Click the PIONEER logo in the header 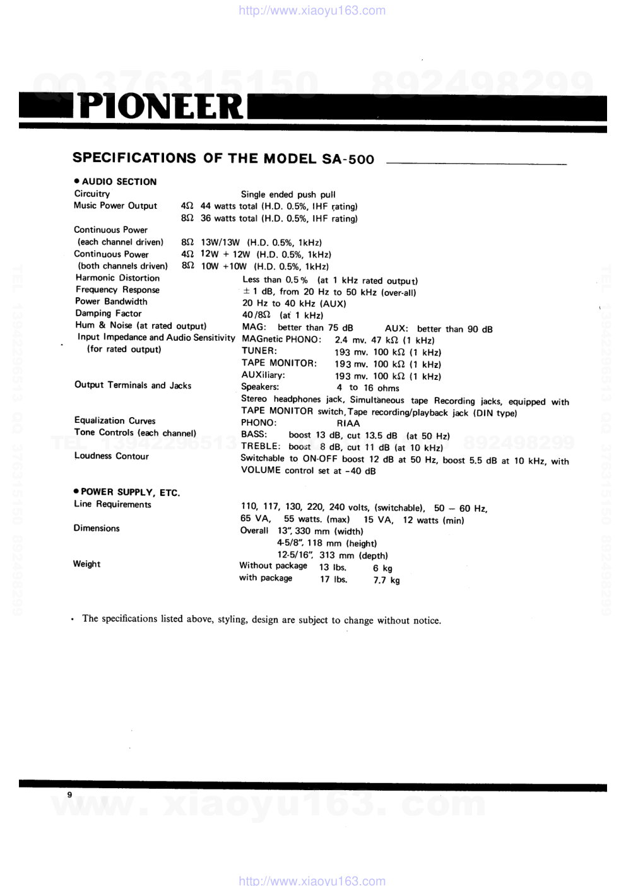(x=161, y=107)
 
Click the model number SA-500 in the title (x=348, y=159)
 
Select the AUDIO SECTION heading (x=119, y=182)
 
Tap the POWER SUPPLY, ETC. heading (x=130, y=492)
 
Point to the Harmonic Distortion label (x=117, y=278)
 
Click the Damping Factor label (x=109, y=314)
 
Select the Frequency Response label (x=117, y=290)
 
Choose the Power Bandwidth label (x=111, y=302)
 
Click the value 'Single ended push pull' (x=288, y=194)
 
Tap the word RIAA (x=348, y=423)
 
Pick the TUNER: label (x=259, y=351)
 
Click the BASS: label (x=254, y=434)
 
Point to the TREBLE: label (x=260, y=446)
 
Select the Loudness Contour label (x=112, y=456)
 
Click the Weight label (x=86, y=564)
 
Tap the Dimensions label (x=96, y=528)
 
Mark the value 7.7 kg (x=386, y=580)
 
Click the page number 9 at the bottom (x=69, y=794)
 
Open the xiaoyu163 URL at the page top (x=312, y=10)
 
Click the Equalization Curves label (x=115, y=421)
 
